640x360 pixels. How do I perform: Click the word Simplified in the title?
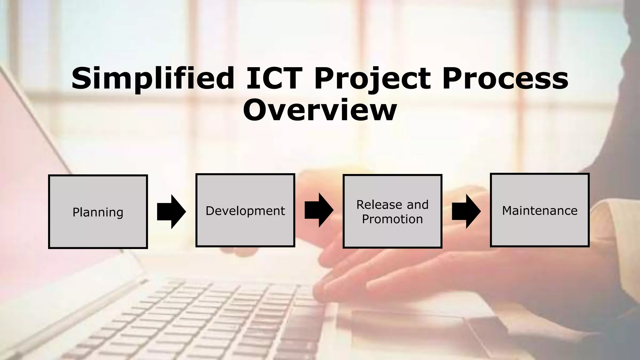tap(153, 78)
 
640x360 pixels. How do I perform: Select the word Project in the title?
tap(372, 78)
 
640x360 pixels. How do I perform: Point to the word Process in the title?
tap(505, 78)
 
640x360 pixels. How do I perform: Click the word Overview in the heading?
tap(320, 110)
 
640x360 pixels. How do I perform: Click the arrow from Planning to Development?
tap(171, 212)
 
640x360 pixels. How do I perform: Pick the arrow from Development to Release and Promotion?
tap(319, 210)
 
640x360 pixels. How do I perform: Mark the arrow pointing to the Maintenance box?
tap(466, 211)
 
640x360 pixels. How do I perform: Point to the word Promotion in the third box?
tap(392, 219)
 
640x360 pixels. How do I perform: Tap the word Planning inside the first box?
tap(98, 212)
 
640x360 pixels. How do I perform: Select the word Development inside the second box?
tap(245, 211)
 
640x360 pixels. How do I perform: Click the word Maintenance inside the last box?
tap(540, 211)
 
